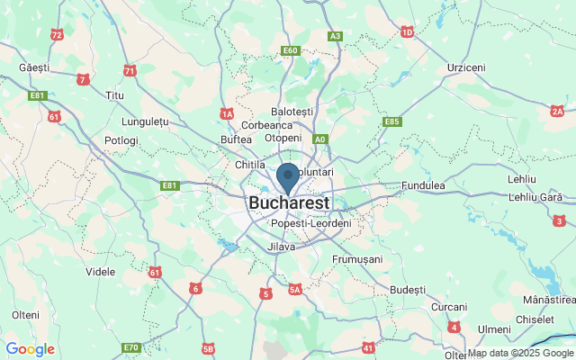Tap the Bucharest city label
[291, 202]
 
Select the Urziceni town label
[466, 67]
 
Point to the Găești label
[35, 67]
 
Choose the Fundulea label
[424, 185]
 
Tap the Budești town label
[409, 289]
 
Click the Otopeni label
[283, 138]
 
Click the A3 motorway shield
[335, 36]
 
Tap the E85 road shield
[391, 121]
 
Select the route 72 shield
[58, 35]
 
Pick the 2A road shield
[557, 111]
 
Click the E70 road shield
[131, 347]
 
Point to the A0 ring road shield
[319, 139]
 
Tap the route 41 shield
[368, 346]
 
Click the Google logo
[30, 349]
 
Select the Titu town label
[114, 94]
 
